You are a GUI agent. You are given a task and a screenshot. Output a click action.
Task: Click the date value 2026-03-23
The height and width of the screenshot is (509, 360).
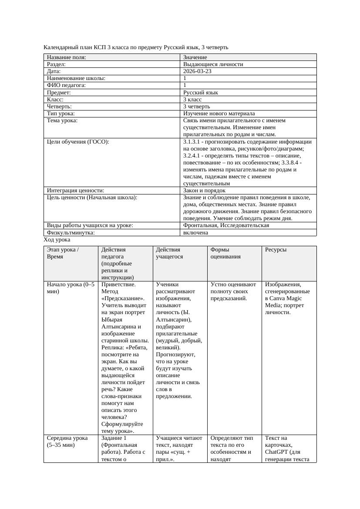[197, 71]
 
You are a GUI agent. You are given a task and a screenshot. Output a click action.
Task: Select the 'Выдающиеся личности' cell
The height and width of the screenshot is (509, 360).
[213, 64]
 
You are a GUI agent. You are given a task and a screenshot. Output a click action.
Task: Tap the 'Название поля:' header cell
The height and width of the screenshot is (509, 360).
[67, 57]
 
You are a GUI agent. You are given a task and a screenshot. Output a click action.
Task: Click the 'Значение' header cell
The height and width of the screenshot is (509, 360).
[195, 57]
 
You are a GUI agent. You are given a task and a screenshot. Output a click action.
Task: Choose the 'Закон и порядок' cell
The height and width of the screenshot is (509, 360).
[204, 191]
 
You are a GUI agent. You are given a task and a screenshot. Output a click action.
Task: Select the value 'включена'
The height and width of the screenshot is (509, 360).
[195, 233]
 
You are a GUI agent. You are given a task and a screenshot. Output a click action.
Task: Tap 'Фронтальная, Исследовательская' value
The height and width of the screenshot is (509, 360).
[226, 225]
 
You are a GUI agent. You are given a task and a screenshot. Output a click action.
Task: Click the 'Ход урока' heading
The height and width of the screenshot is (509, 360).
[57, 240]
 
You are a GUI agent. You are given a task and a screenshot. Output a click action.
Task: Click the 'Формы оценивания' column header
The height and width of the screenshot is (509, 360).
[222, 253]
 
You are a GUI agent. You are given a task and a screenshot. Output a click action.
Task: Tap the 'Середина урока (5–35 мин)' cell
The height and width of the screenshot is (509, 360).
[67, 442]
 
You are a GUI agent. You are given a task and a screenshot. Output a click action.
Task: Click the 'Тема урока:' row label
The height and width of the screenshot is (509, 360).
[62, 121]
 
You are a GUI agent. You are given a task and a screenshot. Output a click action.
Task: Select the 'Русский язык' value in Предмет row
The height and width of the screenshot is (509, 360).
[200, 93]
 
